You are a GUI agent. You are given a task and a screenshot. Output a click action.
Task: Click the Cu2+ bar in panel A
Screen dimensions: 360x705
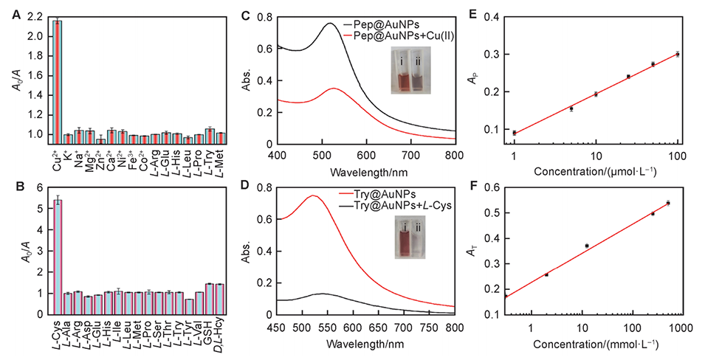[58, 81]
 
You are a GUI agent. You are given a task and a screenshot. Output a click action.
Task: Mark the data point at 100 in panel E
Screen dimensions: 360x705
[677, 54]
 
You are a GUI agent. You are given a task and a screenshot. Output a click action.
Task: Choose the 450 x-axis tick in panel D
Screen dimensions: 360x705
[295, 325]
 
